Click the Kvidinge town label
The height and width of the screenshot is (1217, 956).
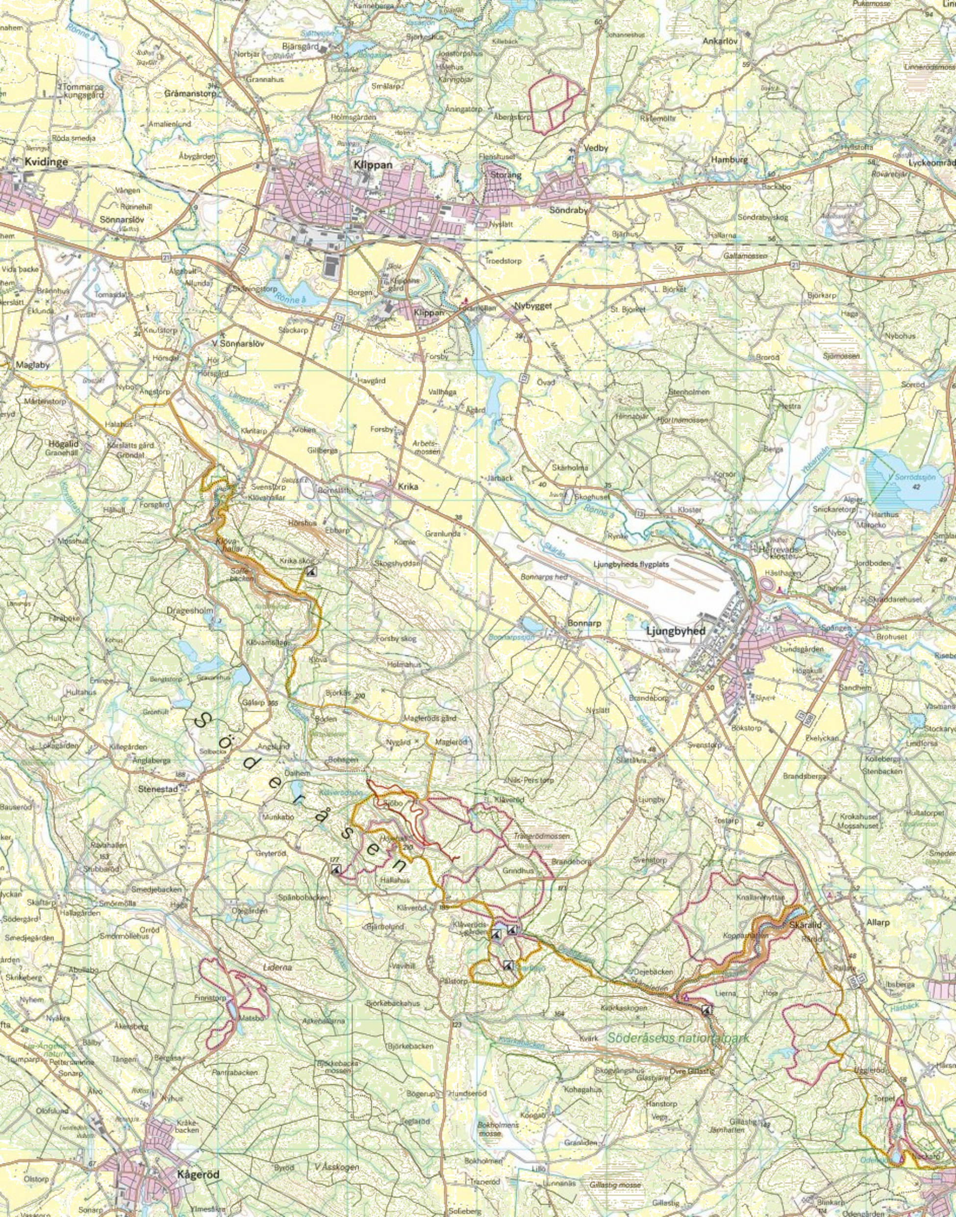click(47, 161)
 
